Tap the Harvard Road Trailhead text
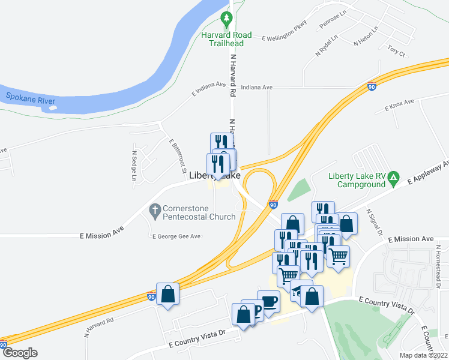point(226,39)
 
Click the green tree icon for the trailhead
point(226,20)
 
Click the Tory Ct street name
point(396,50)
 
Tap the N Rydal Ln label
point(327,46)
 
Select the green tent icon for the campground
point(393,178)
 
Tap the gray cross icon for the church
point(154,211)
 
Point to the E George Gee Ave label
point(176,236)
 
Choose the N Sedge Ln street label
point(134,166)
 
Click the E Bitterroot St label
point(177,154)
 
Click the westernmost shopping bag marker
point(167,295)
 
